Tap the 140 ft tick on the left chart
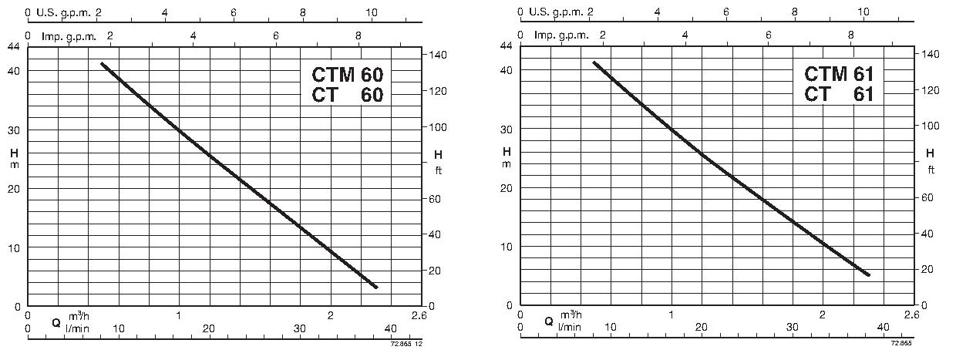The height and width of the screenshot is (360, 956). (x=436, y=55)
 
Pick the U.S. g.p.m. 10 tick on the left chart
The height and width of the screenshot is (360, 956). (x=372, y=12)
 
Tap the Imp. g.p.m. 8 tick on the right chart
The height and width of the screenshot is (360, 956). (x=850, y=35)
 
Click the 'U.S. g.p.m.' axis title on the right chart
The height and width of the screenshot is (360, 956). (x=555, y=12)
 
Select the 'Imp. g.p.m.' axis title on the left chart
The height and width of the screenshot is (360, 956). (x=65, y=35)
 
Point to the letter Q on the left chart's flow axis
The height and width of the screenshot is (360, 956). (x=56, y=322)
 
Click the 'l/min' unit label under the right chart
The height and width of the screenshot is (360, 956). (x=571, y=328)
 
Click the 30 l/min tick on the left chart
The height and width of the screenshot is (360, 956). (x=300, y=328)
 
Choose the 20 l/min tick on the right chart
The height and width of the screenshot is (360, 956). (x=701, y=328)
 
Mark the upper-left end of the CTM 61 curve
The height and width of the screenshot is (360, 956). (x=593, y=62)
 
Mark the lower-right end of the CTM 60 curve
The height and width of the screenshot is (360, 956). (x=376, y=287)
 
